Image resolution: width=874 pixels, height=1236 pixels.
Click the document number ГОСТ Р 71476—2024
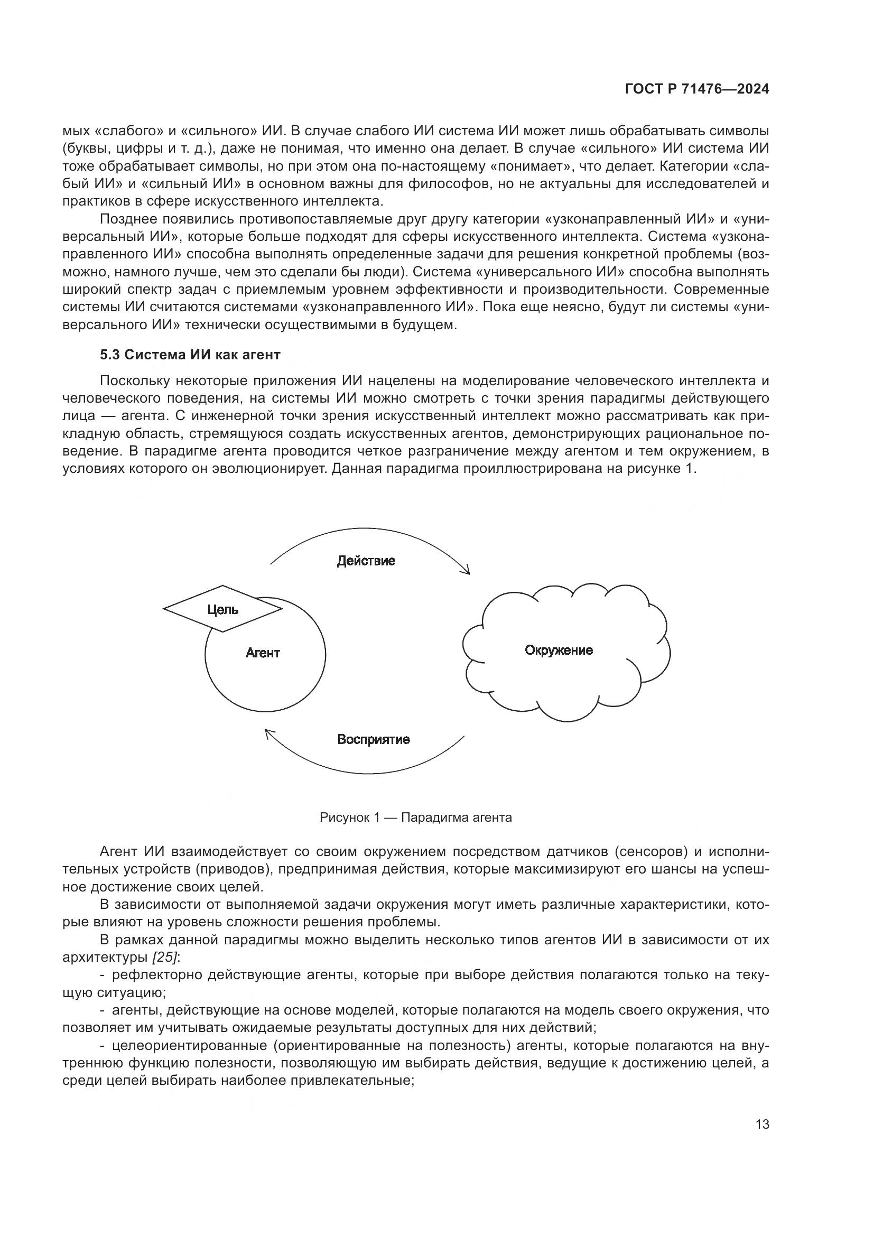click(696, 89)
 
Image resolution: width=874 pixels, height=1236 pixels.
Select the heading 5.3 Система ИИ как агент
click(190, 355)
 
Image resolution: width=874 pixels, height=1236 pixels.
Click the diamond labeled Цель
click(222, 609)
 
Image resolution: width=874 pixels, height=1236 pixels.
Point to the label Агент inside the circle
click(263, 653)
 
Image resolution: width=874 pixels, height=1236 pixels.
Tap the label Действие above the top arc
click(366, 561)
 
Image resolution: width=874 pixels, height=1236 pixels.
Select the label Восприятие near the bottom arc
click(374, 739)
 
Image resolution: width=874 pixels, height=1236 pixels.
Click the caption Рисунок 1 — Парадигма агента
click(415, 817)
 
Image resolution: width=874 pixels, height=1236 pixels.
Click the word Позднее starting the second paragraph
click(128, 219)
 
